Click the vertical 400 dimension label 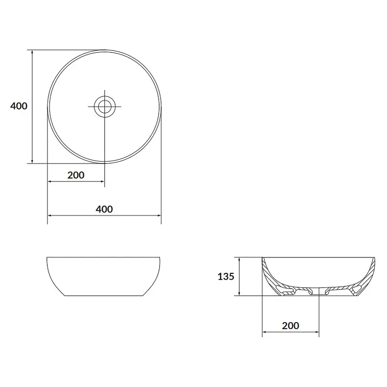click(19, 106)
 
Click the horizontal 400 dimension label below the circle click(104, 209)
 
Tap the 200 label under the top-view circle click(76, 175)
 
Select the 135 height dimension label click(226, 276)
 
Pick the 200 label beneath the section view click(291, 326)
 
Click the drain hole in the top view click(104, 106)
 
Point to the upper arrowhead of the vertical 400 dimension click(32, 52)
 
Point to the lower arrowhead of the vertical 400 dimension click(32, 162)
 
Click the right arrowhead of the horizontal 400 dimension click(159, 215)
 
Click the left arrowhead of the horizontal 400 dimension click(49, 215)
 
